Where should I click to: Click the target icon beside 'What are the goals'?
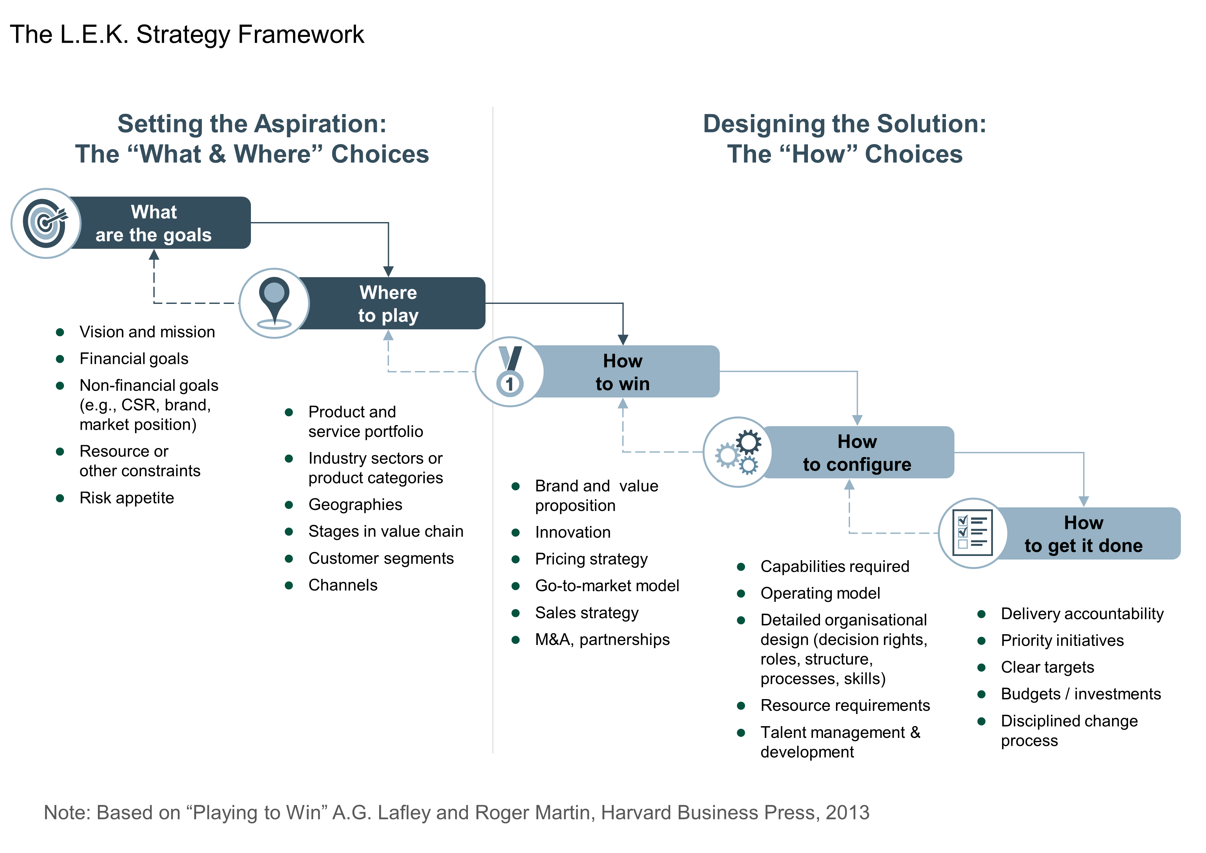[x=46, y=223]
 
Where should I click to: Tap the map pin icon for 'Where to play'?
[x=274, y=303]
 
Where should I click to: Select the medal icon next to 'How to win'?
[x=510, y=371]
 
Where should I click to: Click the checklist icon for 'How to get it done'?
[x=973, y=533]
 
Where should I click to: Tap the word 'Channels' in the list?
[x=343, y=585]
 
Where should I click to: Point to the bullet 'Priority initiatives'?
[x=1062, y=640]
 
